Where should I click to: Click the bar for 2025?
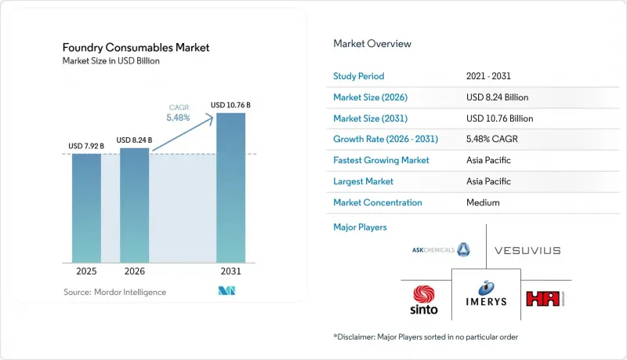pyautogui.click(x=86, y=208)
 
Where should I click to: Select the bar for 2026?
pyautogui.click(x=134, y=205)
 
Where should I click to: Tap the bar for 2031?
pyautogui.click(x=230, y=187)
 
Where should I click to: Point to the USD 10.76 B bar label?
pyautogui.click(x=230, y=105)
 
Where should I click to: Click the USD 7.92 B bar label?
pyautogui.click(x=86, y=146)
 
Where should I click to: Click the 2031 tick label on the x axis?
pyautogui.click(x=230, y=271)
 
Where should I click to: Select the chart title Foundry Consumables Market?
pyautogui.click(x=136, y=48)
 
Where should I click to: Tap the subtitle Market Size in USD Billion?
pyautogui.click(x=111, y=61)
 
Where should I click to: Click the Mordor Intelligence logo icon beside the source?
pyautogui.click(x=227, y=291)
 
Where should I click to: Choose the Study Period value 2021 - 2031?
pyautogui.click(x=488, y=76)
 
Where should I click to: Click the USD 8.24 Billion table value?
pyautogui.click(x=497, y=97)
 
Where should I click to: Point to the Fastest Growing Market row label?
pyautogui.click(x=381, y=160)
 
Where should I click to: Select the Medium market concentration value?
pyautogui.click(x=483, y=202)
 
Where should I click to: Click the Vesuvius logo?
pyautogui.click(x=527, y=250)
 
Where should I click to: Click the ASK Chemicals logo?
pyautogui.click(x=441, y=249)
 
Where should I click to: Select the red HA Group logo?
pyautogui.click(x=545, y=299)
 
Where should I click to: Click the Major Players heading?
pyautogui.click(x=360, y=227)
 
